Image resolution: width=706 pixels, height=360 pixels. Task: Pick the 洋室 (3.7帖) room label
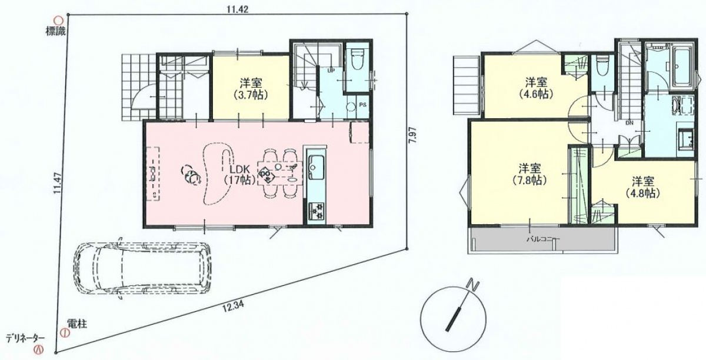(251, 89)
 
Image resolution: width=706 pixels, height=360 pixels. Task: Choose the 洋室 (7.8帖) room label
(529, 174)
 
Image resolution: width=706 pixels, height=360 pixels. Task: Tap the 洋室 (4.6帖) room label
(537, 88)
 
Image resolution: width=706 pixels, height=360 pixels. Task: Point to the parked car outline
(142, 269)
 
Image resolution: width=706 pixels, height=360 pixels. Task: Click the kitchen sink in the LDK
(315, 168)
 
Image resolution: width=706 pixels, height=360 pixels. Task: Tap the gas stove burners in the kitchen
(316, 211)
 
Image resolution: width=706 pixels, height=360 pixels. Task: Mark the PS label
(363, 105)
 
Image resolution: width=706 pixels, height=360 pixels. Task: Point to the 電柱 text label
(77, 324)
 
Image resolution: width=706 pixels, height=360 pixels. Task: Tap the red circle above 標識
(59, 21)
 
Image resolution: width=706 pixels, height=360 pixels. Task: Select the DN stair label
(629, 124)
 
